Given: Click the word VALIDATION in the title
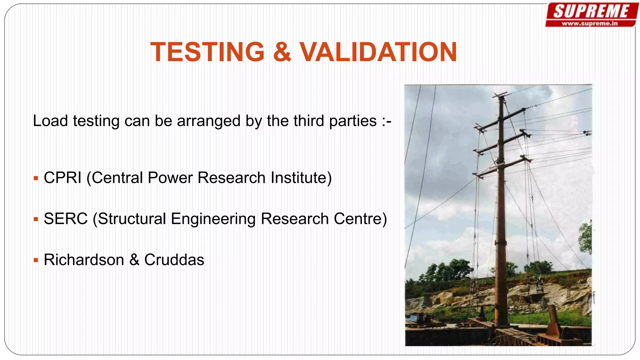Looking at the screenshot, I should coord(378,52).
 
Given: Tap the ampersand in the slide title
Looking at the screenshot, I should coord(282,52).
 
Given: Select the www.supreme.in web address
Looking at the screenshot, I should coord(590,23).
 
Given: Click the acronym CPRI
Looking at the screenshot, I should coord(62,178).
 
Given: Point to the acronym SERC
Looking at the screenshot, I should coord(66,219).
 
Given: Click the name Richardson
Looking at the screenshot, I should coord(84,260).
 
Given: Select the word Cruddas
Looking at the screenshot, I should coord(174,260).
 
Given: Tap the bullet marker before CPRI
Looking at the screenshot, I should coord(36,179).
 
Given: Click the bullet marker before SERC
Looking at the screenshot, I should coord(36,220).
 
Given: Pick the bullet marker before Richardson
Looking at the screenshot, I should coord(36,260).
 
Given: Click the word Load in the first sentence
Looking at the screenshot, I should coord(50,121).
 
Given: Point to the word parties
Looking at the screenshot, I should coord(353,121).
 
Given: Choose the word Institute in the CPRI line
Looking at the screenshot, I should coord(301,178).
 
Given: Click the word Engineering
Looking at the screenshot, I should coord(213,219).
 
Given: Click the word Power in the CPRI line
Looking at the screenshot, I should coord(170,178).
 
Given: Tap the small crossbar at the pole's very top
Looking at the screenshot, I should coord(500,94).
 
